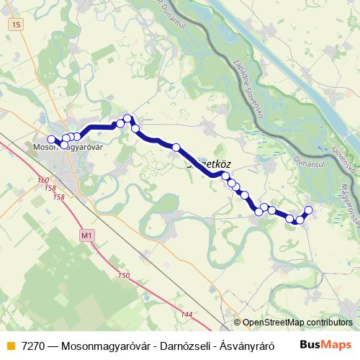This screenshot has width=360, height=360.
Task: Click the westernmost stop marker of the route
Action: (x=51, y=140)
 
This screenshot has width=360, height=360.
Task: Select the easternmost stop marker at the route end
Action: (x=309, y=210)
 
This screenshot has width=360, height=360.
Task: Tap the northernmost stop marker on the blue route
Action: (x=127, y=118)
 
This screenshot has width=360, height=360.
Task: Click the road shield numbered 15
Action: (x=16, y=25)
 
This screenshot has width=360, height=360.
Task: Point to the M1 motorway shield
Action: (x=87, y=235)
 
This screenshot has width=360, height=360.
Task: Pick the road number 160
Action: (x=43, y=181)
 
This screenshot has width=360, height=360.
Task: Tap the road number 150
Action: (x=123, y=276)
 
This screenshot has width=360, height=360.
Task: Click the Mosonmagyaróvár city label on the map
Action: (x=70, y=148)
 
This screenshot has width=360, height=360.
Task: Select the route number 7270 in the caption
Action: (x=34, y=343)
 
